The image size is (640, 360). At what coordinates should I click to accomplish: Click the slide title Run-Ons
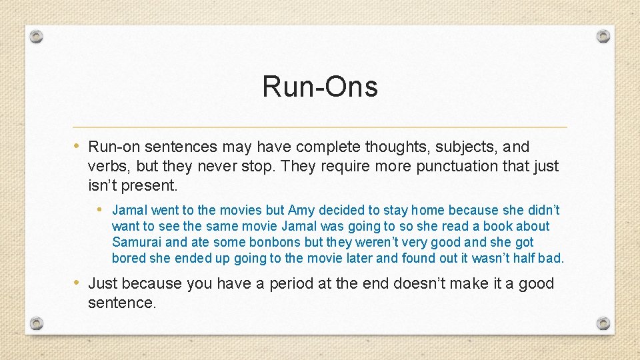(320, 87)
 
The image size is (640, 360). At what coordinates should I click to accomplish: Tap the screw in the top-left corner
(37, 35)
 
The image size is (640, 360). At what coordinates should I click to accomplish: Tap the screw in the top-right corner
(603, 35)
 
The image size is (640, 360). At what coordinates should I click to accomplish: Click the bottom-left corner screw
(37, 323)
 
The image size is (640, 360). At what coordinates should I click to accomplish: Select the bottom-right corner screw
(603, 323)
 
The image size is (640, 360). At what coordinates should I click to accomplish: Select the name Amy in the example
(301, 210)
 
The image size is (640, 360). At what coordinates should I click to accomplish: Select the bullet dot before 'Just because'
(77, 283)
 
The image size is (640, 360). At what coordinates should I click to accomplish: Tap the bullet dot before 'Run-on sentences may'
(77, 146)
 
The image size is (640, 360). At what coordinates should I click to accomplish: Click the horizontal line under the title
(320, 127)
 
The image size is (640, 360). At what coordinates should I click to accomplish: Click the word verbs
(107, 165)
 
